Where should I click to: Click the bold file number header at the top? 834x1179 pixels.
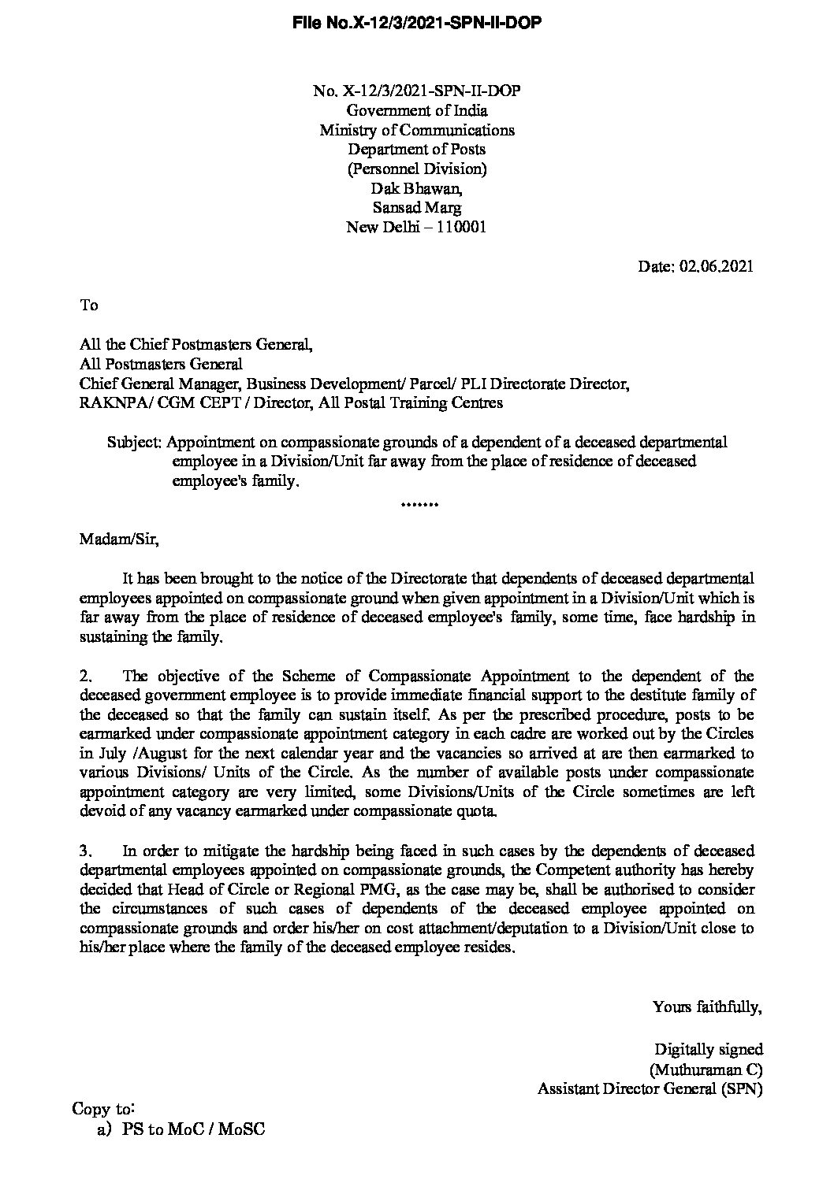[417, 24]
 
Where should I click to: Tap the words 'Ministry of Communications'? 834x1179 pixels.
[417, 130]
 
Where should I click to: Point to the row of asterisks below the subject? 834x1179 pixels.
[417, 503]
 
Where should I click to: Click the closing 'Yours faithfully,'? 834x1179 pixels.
[707, 1006]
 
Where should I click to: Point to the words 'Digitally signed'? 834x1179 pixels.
[709, 1049]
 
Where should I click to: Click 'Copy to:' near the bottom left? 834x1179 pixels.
[103, 1108]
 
